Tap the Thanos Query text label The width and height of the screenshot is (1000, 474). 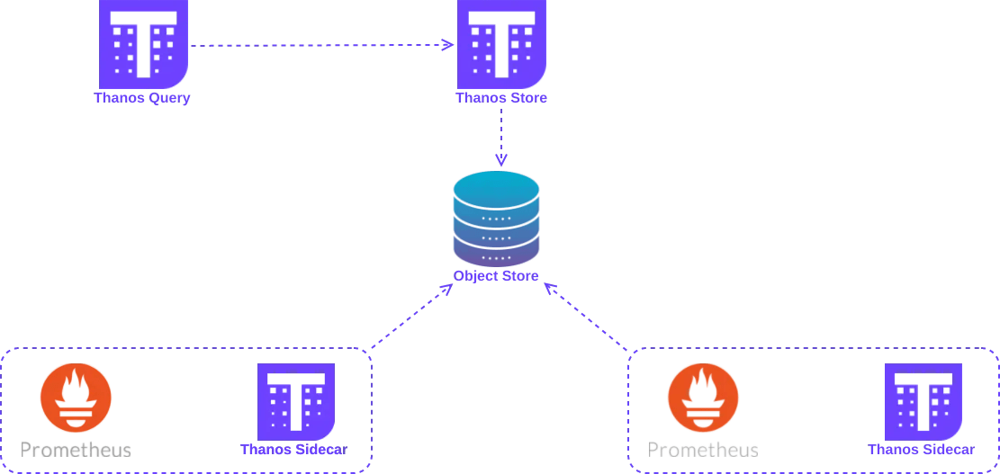point(142,98)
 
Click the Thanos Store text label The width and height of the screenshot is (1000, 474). point(501,98)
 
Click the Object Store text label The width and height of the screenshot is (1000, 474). point(497,276)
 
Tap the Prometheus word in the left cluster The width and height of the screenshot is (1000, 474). point(76,449)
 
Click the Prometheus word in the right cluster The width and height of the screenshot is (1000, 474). point(703,449)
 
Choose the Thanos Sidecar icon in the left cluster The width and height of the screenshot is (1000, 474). point(296,400)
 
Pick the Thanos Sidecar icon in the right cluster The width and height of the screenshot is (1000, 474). point(923,400)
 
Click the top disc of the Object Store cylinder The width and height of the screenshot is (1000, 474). point(497,187)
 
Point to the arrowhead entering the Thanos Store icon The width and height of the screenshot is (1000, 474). point(449,45)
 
